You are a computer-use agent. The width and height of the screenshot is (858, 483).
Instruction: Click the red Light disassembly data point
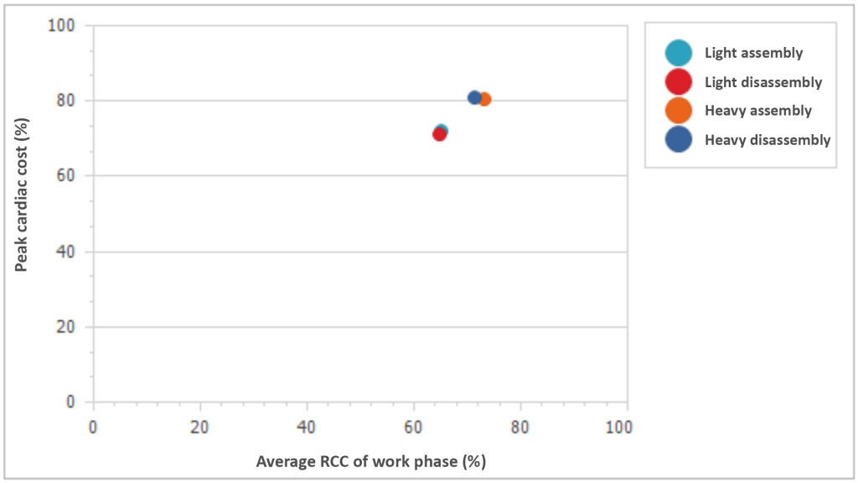(439, 134)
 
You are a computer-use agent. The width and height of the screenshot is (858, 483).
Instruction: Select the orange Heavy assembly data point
(484, 99)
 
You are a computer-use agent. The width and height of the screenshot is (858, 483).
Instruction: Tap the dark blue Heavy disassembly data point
(474, 97)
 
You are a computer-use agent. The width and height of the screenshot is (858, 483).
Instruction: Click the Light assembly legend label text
(753, 53)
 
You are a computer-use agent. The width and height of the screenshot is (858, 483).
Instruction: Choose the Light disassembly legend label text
(763, 82)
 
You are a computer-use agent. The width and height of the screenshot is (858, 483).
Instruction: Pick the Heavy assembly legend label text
(758, 111)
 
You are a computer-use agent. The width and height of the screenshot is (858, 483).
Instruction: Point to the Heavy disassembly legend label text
(768, 140)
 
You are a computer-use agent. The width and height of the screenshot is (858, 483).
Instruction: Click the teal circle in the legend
(678, 53)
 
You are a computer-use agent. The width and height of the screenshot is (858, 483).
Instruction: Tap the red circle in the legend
(678, 82)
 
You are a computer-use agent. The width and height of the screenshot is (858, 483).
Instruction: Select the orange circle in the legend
(678, 111)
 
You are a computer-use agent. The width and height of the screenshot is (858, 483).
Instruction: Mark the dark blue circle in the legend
(678, 140)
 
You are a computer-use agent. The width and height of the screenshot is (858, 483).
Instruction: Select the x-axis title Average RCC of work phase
(371, 461)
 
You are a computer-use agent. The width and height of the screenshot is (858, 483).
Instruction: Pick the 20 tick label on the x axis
(199, 427)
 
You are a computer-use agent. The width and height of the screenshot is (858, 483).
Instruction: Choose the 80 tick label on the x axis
(520, 427)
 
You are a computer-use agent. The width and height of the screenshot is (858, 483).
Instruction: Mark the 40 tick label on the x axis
(307, 427)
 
